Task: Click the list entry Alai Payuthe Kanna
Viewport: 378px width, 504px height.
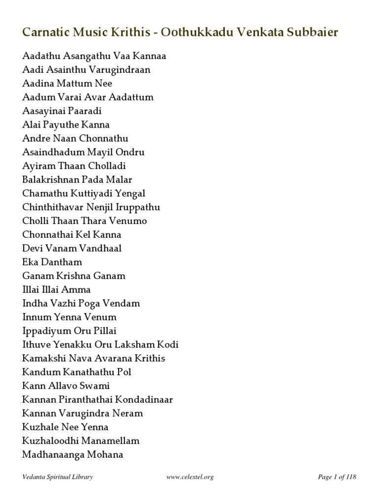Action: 66,125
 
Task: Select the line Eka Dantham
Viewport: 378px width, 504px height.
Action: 52,262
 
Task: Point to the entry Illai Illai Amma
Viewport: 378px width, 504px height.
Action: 57,289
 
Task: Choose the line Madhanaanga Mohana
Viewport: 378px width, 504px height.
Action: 72,454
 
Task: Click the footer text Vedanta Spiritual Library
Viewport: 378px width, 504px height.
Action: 58,477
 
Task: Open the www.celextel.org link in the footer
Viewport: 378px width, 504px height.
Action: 190,477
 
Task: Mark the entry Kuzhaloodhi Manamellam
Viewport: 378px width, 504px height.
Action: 81,441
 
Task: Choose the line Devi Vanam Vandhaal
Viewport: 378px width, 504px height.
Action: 72,248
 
